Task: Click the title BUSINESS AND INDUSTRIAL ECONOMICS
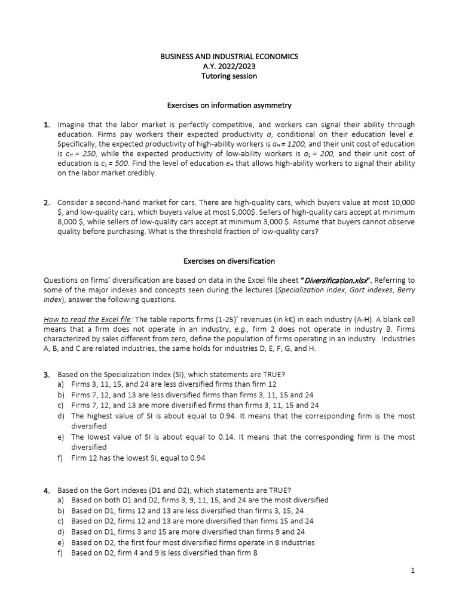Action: tap(229, 56)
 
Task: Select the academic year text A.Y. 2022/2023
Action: tap(229, 66)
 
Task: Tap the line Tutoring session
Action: tap(229, 76)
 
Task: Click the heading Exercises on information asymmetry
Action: tap(229, 105)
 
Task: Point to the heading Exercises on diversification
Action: tap(229, 261)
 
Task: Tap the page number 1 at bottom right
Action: tap(412, 570)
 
